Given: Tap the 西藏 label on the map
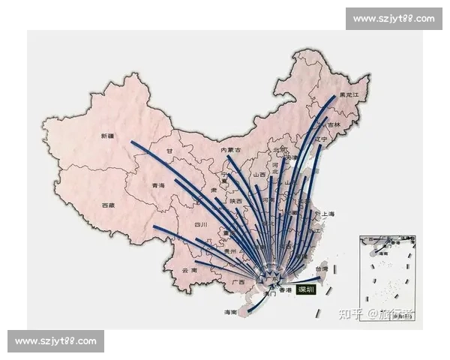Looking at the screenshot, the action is pos(109,204).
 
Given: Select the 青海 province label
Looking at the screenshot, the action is pos(157,185).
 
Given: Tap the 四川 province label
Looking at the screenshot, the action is pos(200,224).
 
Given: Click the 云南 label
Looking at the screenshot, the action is pos(189,270).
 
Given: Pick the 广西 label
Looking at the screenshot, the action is pos(238,282).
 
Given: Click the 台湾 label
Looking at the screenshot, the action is pos(320,268).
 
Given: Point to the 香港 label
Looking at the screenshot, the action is pos(284,289).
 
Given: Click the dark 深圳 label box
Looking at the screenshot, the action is pos(306,289).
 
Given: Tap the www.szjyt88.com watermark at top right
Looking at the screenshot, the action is pos(393,18).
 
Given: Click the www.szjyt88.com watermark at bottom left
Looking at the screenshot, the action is pos(56,342).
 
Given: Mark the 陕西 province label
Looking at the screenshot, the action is pos(235,201).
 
